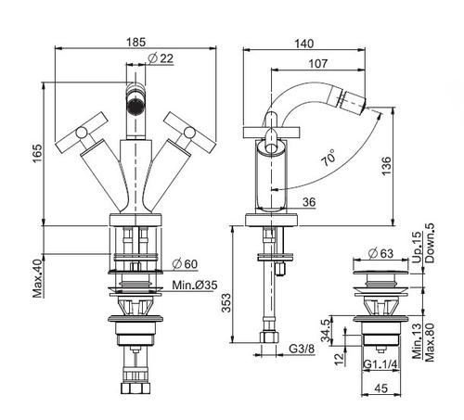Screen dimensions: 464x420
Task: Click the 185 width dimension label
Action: (135, 42)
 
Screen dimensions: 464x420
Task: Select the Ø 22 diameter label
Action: (161, 58)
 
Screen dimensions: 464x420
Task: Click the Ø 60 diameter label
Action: (185, 264)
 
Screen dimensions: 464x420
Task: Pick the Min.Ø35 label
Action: (195, 285)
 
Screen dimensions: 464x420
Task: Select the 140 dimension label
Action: (303, 44)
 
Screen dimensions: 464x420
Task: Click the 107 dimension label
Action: (318, 64)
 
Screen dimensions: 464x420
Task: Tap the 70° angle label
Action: (329, 158)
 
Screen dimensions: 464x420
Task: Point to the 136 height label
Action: (386, 166)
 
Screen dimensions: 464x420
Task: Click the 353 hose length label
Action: (226, 303)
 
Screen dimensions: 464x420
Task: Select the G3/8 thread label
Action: (302, 349)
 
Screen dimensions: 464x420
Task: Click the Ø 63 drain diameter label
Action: (381, 253)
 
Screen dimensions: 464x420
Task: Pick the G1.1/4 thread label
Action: (380, 364)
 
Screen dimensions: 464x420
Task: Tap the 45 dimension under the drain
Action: (380, 388)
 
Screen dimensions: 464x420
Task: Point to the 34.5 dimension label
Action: (327, 330)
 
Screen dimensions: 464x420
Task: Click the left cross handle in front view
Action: (82, 132)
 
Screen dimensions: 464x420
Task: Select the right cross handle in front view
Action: (189, 132)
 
